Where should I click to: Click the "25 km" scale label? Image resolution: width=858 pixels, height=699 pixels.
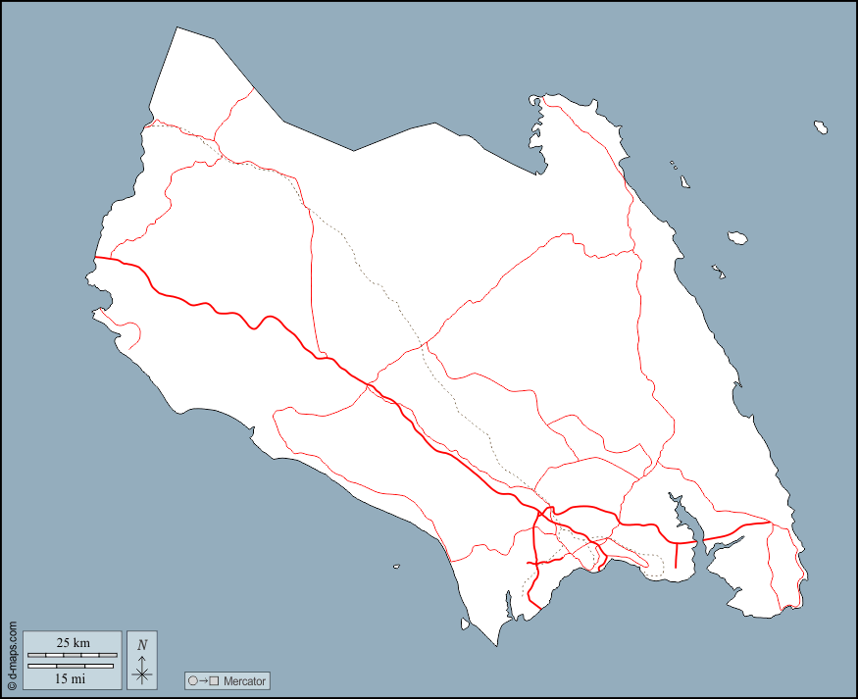(73, 643)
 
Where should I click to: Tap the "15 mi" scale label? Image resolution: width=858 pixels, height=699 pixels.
(71, 677)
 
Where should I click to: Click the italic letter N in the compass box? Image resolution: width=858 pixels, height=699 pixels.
(142, 644)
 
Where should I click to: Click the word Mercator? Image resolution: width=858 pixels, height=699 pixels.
(244, 680)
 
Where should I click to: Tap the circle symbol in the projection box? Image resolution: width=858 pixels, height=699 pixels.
(192, 680)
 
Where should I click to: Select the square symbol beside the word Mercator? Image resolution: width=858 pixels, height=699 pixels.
(214, 680)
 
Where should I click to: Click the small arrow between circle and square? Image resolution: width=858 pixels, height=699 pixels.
(203, 680)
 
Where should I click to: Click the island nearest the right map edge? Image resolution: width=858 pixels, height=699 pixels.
(820, 126)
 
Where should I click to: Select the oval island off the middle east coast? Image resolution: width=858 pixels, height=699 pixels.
(738, 236)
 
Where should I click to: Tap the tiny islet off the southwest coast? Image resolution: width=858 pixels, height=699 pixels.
(396, 566)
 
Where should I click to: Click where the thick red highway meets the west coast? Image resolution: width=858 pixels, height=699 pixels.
(96, 258)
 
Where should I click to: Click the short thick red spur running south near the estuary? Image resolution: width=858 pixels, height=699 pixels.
(677, 554)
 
